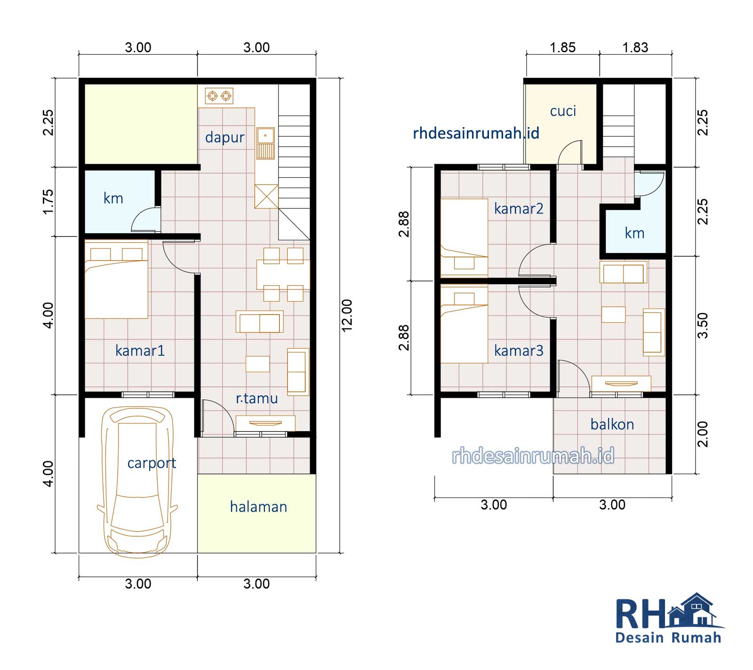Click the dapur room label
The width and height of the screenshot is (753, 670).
224,138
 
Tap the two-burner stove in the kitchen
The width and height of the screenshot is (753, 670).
219,96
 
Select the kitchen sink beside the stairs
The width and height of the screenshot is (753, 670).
265,143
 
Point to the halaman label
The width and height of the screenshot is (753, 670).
258,507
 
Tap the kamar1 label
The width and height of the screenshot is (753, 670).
140,351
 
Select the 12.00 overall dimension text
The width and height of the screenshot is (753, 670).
347,315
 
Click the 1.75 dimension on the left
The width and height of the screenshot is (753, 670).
48,202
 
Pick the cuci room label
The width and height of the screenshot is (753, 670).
563,111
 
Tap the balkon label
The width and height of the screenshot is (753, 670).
612,425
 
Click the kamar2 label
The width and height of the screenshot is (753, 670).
519,208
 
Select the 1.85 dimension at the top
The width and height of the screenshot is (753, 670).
563,48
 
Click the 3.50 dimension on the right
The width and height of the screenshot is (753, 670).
702,325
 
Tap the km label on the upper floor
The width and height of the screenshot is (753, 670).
634,233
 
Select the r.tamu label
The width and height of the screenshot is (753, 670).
257,399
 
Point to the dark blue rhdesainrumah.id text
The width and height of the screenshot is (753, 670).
476,133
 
